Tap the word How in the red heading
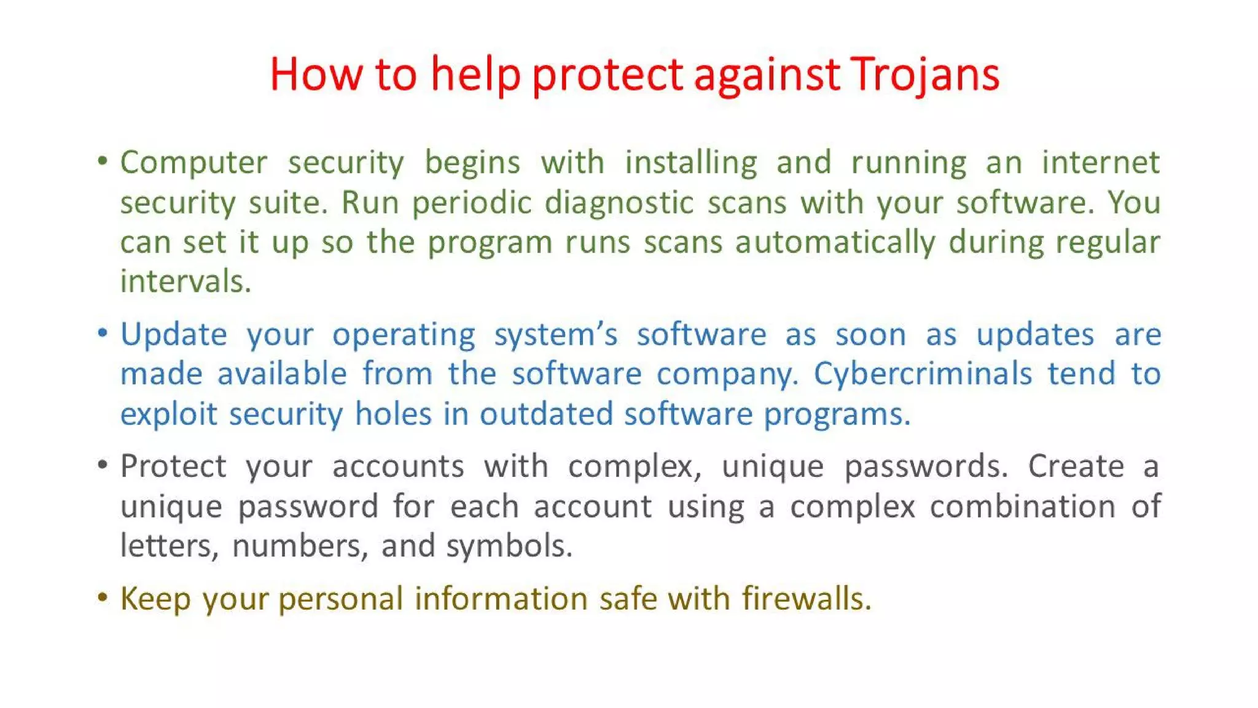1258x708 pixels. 316,75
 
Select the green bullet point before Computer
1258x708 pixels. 103,162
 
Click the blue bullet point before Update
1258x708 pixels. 103,334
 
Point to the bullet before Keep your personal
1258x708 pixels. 103,597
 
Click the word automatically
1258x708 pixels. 835,242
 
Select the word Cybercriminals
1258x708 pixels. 923,374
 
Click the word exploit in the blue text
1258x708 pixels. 169,414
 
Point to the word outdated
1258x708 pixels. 546,414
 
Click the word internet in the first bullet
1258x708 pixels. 1100,162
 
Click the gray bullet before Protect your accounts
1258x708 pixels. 103,465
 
